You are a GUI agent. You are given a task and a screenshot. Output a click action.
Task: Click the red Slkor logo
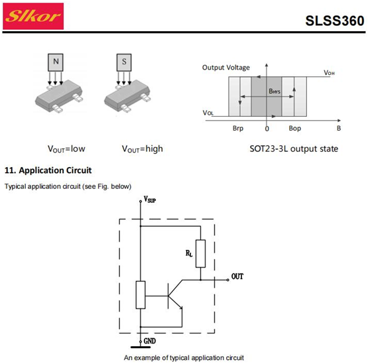click(33, 16)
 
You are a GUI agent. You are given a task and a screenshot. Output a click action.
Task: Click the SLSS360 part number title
click(335, 21)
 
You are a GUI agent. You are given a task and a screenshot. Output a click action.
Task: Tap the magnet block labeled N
click(56, 62)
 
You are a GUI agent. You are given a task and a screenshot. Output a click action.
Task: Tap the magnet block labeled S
click(124, 62)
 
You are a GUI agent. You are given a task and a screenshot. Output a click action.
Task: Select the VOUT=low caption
click(66, 149)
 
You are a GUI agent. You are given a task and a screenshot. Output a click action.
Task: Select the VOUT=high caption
click(143, 149)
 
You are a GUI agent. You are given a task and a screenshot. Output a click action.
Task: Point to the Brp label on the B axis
click(238, 129)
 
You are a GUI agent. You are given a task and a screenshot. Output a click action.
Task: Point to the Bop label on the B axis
click(295, 129)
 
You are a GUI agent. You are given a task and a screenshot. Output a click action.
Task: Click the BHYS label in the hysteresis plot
click(275, 91)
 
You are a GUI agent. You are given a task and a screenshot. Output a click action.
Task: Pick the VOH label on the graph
click(329, 72)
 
